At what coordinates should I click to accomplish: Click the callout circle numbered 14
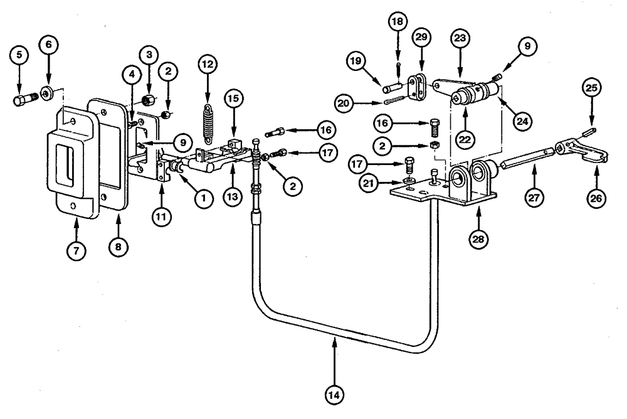(x=335, y=395)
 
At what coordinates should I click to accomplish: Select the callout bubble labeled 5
(x=19, y=55)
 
